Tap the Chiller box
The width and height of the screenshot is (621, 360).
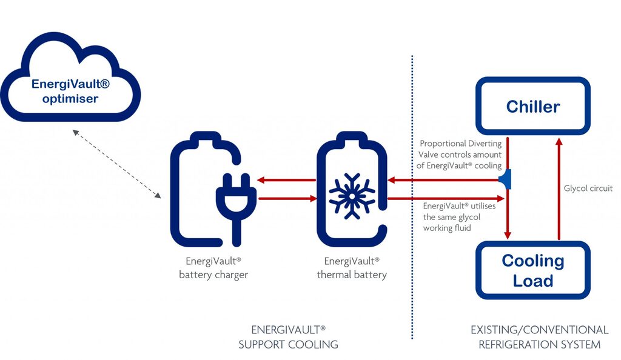click(532, 107)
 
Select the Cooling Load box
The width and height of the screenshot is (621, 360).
click(532, 270)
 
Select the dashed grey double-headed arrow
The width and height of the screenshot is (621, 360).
click(115, 164)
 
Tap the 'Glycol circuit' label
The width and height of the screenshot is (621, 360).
click(588, 188)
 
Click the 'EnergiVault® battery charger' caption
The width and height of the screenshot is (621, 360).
click(213, 268)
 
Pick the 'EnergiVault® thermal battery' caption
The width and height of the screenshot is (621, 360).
click(352, 268)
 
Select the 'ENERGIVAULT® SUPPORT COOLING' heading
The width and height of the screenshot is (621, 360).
click(288, 337)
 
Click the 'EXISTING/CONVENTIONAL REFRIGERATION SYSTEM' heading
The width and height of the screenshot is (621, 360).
click(539, 337)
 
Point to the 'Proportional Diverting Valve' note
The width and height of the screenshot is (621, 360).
click(461, 155)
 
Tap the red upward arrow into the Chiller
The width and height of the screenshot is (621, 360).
click(559, 188)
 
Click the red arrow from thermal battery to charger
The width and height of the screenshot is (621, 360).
click(285, 180)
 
